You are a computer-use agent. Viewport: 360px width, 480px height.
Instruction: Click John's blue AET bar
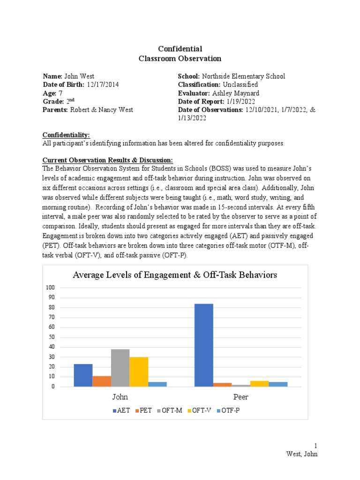click(x=83, y=375)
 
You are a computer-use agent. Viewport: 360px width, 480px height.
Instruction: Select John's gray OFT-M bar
click(x=120, y=368)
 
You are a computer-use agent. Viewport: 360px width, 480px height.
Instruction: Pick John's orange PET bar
click(x=102, y=381)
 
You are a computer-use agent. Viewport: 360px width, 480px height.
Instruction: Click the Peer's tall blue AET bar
click(x=204, y=345)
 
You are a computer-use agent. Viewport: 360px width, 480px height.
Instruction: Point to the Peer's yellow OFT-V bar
click(x=260, y=384)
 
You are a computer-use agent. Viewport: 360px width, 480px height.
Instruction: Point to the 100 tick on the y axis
click(x=50, y=287)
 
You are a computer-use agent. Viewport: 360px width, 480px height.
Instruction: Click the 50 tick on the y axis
click(x=52, y=337)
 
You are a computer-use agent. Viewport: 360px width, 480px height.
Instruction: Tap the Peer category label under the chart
click(x=241, y=397)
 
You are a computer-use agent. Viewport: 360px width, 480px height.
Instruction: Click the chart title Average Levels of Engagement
click(x=175, y=275)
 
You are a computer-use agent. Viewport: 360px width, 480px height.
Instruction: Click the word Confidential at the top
click(x=180, y=49)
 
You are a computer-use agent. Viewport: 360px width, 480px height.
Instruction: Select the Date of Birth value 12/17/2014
click(x=103, y=84)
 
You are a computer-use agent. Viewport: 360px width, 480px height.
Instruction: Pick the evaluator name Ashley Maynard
click(x=239, y=93)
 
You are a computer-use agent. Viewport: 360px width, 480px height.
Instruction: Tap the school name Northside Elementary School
click(x=243, y=76)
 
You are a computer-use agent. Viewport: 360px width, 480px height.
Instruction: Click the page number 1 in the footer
click(x=316, y=445)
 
